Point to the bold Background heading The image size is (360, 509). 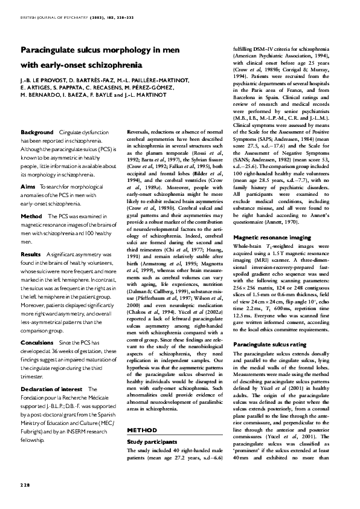[37, 132]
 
